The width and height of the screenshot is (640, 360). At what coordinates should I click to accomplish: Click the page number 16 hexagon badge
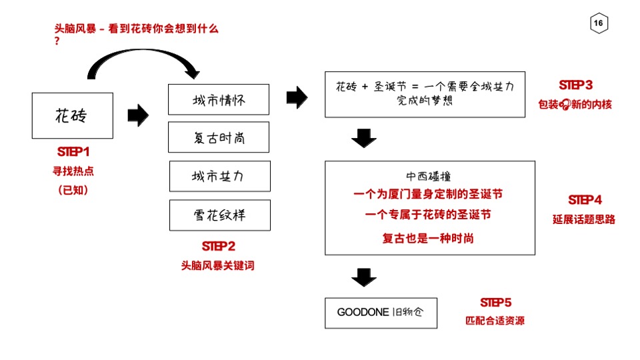click(598, 24)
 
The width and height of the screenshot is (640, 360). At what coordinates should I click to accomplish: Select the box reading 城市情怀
click(219, 100)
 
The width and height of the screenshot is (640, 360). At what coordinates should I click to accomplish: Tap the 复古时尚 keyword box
click(219, 137)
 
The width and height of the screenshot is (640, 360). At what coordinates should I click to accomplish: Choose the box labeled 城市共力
click(219, 176)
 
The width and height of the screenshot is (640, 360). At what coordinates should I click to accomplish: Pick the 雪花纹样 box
click(219, 215)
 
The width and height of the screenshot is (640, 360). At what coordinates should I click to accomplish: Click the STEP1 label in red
click(73, 151)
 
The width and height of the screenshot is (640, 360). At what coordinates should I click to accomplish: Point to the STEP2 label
click(218, 246)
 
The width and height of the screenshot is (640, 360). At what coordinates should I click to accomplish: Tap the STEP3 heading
click(575, 85)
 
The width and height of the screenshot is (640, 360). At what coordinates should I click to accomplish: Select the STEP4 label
click(585, 200)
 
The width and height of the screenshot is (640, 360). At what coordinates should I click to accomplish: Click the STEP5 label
click(495, 303)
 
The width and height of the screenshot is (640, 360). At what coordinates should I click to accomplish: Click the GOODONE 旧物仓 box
click(381, 313)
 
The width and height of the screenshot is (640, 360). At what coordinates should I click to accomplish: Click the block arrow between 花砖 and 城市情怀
click(137, 115)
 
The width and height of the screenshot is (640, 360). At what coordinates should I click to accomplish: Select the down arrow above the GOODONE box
click(363, 276)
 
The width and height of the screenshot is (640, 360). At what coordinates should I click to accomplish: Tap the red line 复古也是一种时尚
click(428, 238)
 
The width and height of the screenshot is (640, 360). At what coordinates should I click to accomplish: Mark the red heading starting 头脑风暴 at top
click(136, 29)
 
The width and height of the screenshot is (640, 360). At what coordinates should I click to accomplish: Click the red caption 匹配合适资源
click(495, 321)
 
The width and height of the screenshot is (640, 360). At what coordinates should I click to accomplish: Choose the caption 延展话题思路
click(584, 219)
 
